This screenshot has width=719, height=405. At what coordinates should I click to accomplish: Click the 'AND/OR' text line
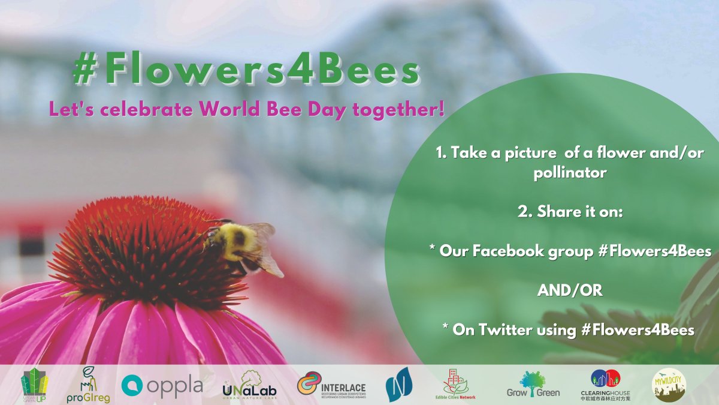pyautogui.click(x=569, y=291)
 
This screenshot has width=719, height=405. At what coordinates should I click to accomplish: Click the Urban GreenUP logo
pyautogui.click(x=34, y=385)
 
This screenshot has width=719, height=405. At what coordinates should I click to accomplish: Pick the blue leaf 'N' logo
pyautogui.click(x=398, y=385)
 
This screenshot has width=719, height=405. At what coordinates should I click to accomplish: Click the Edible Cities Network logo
pyautogui.click(x=460, y=385)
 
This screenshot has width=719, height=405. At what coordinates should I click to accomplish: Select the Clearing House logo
pyautogui.click(x=605, y=385)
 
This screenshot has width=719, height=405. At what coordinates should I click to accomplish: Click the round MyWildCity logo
pyautogui.click(x=669, y=385)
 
